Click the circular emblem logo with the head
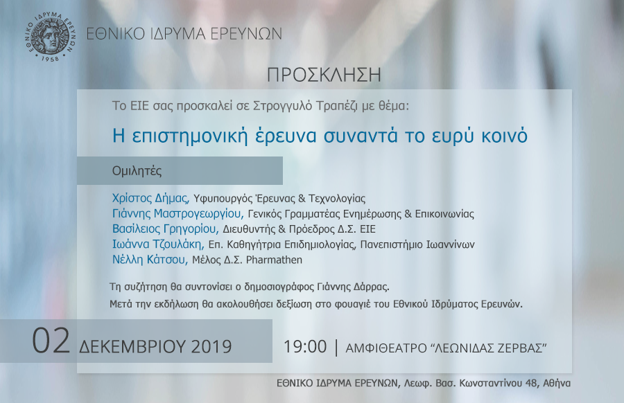[50, 37]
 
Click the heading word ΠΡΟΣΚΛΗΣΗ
[324, 75]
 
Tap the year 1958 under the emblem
[50, 58]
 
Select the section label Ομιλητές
[137, 171]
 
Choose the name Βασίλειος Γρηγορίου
[165, 229]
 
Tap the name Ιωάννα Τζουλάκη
[158, 244]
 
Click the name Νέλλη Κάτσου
[150, 260]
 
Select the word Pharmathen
[274, 260]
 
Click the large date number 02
[51, 341]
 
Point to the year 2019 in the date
[211, 346]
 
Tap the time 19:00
[305, 346]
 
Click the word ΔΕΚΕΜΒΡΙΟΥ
[132, 346]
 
